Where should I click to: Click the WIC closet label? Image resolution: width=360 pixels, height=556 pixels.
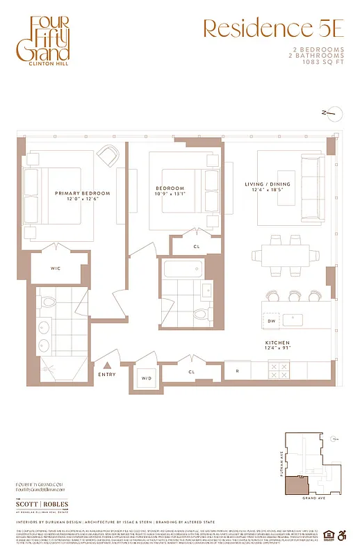(x=58, y=268)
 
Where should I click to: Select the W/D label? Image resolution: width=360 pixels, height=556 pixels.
(x=146, y=378)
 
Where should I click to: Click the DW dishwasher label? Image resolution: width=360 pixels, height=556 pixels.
(x=272, y=320)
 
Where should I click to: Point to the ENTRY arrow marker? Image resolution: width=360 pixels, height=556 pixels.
(x=107, y=364)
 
